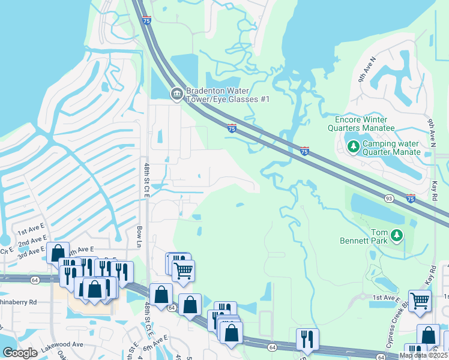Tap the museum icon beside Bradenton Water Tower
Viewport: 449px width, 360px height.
tap(176, 94)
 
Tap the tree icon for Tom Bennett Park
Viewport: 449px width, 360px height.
tap(396, 236)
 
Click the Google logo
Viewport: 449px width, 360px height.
tap(20, 353)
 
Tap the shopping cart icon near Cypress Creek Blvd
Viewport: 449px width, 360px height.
tap(420, 300)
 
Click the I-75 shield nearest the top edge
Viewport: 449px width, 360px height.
tap(146, 20)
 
